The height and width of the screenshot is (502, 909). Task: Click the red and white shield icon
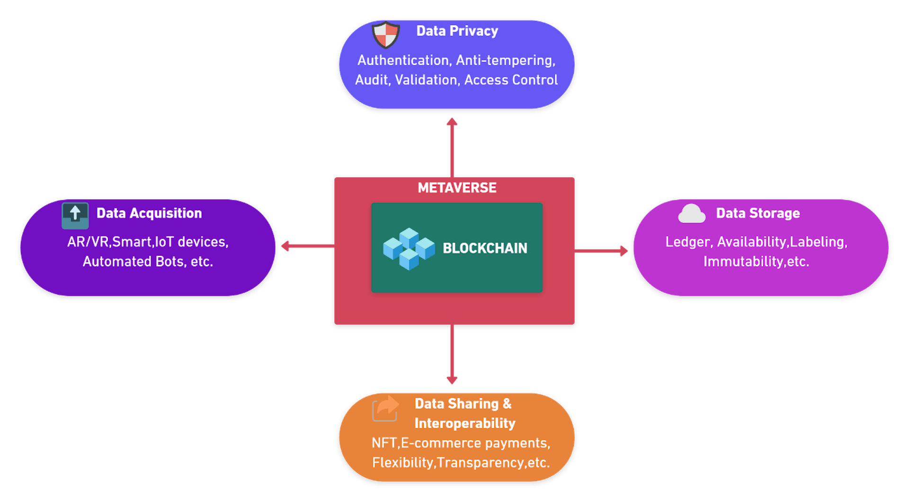pos(386,35)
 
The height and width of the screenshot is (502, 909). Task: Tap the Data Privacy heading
pos(457,31)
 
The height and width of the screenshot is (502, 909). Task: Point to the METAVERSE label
pos(457,188)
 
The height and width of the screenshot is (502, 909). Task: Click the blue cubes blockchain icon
pos(409,249)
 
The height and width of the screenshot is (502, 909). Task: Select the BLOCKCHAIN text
pos(485,248)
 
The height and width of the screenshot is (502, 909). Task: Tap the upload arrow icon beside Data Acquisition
pos(75,215)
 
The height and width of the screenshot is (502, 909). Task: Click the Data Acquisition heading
pos(149,214)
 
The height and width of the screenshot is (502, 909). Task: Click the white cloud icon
pos(691,214)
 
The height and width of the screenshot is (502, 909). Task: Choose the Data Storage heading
pos(757,214)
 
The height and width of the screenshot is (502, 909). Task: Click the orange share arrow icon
pos(386,408)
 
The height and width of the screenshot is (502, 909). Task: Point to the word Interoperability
pos(464,423)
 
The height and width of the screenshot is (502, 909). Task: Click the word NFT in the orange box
pos(384,443)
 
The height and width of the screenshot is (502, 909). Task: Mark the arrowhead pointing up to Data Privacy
pos(452,122)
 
